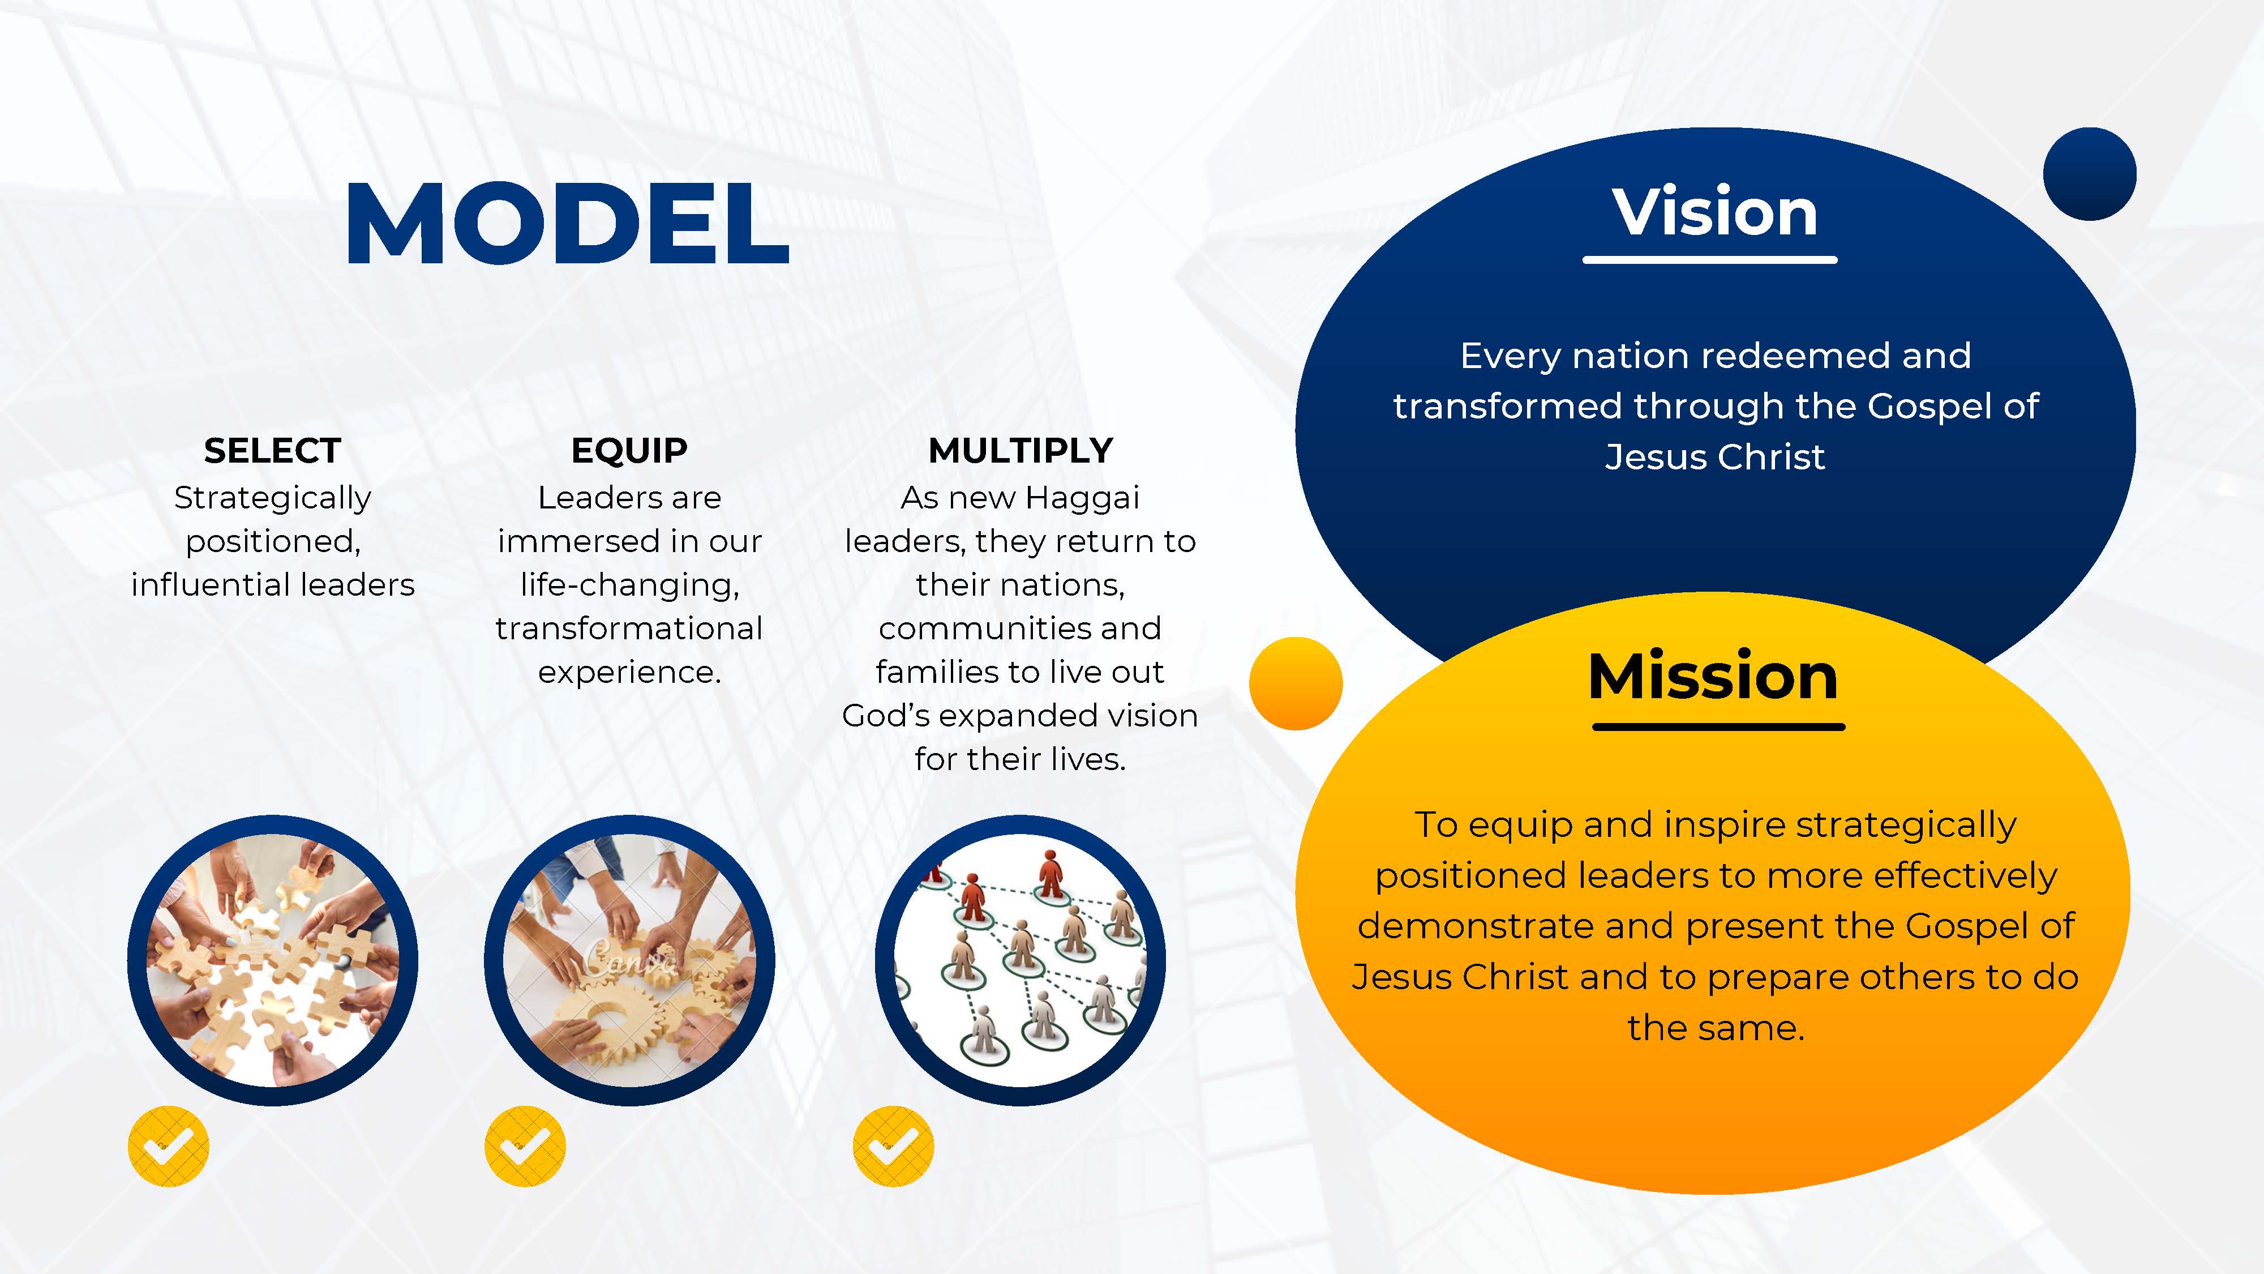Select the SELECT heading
272,451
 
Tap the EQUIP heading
629,451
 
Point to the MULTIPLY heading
1020,451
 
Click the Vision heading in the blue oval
1714,213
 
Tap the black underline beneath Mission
1718,727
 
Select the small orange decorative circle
1296,683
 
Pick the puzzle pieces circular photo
272,960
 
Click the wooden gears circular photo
629,960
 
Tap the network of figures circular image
1020,960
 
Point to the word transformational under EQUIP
629,629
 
